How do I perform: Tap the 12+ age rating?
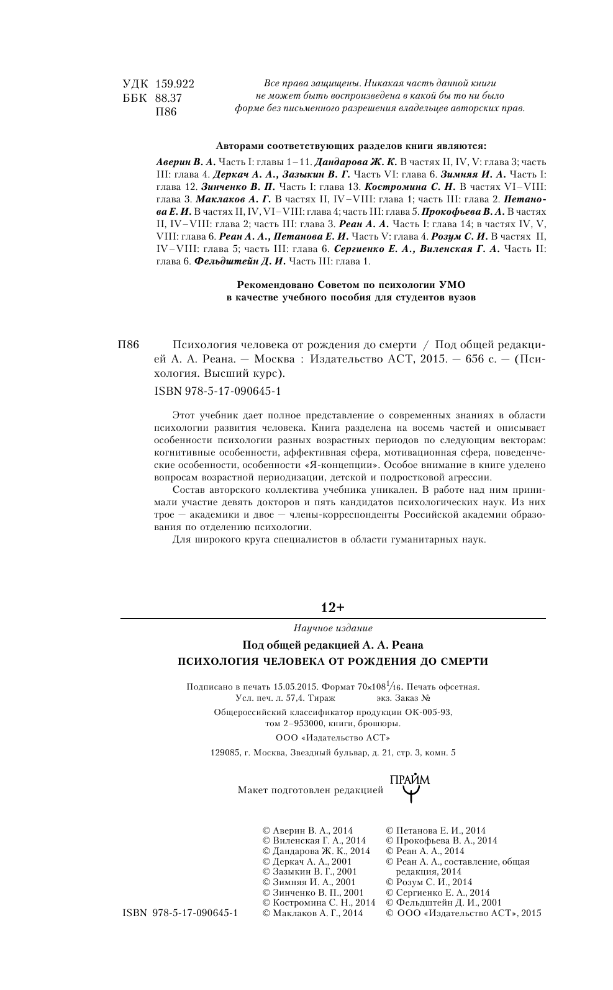coord(332,607)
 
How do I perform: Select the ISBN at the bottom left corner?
coord(181,913)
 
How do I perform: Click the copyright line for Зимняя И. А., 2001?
coord(309,881)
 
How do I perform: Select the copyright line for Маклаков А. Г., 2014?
coord(313,913)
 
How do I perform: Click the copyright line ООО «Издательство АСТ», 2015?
coord(463,913)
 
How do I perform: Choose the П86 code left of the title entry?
coord(130,346)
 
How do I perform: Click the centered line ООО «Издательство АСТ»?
coord(332,738)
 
